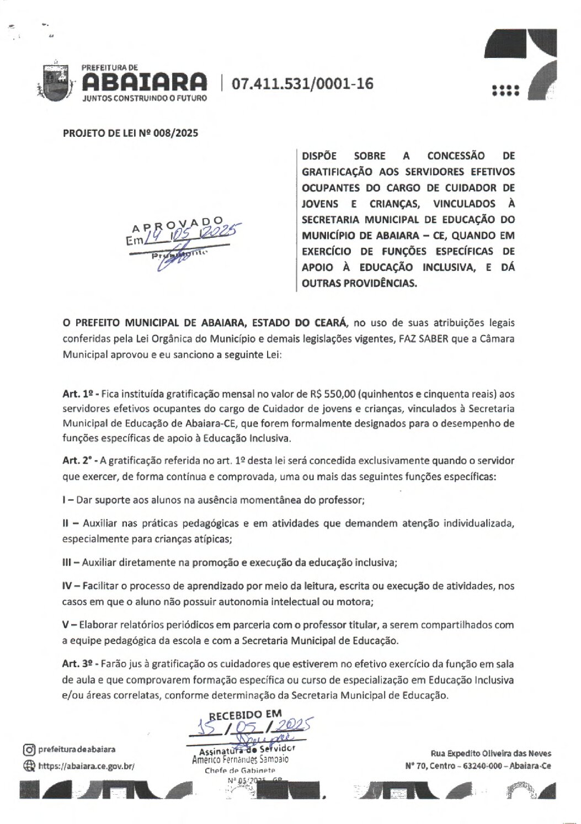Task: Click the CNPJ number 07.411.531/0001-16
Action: point(302,84)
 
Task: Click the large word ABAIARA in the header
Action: point(144,83)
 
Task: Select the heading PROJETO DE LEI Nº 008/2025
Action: point(130,132)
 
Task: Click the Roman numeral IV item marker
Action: point(68,584)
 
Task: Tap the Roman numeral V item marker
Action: point(66,625)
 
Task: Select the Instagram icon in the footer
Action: point(29,749)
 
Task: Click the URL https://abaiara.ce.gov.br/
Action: point(86,766)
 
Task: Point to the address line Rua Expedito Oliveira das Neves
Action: point(489,753)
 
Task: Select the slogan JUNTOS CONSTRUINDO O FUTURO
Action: point(144,98)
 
